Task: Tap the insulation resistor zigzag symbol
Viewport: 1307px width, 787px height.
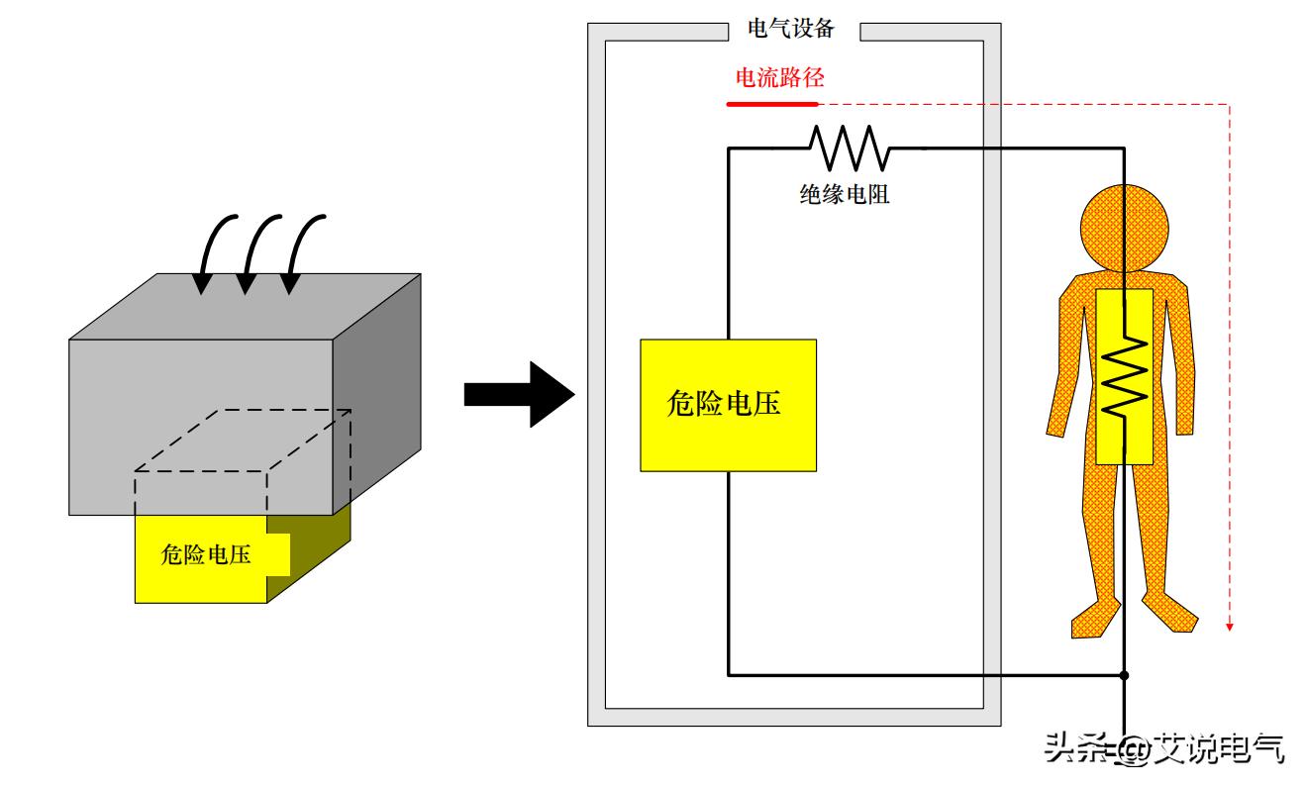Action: point(850,148)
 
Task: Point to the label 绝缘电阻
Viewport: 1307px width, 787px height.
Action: point(845,194)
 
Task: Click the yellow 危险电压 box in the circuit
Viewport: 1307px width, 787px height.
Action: point(728,405)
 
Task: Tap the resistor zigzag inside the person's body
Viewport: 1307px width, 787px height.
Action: point(1125,377)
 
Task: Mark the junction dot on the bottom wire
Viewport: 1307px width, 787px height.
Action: point(1125,676)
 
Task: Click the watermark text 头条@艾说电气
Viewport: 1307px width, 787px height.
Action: point(1164,749)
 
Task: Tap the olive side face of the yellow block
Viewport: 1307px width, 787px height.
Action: point(309,559)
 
